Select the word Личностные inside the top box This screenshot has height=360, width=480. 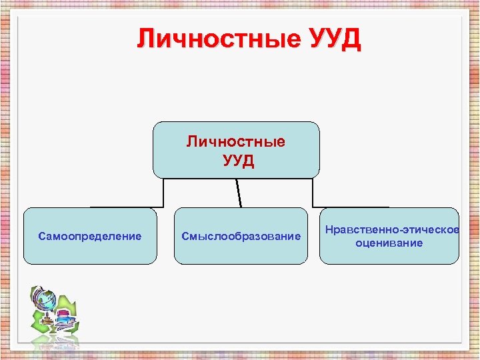[235, 142]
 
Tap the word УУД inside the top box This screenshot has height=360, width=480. [238, 161]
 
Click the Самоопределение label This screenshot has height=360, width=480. [90, 236]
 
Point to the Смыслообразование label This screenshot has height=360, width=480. [241, 236]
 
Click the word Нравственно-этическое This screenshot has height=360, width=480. [392, 230]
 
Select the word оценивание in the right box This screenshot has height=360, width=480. [389, 243]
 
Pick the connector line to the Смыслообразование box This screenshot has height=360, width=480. [239, 193]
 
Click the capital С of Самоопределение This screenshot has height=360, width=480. [42, 236]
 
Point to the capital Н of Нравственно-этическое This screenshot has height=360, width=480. [329, 230]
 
